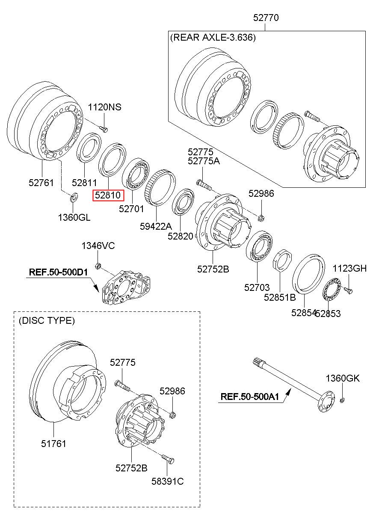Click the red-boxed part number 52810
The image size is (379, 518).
tap(108, 195)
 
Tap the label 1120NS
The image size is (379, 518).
tap(104, 107)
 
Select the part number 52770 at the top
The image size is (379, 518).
tap(266, 18)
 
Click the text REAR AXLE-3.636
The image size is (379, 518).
tap(213, 38)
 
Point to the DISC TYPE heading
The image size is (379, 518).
tap(47, 320)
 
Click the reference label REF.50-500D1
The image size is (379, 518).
tap(58, 272)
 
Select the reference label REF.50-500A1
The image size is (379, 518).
tap(250, 397)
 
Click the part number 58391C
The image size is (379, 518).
tap(167, 482)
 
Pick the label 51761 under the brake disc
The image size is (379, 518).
tap(53, 444)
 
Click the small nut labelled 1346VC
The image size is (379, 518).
tap(98, 266)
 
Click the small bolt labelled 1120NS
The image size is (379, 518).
tap(104, 129)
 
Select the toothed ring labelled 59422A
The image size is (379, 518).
tap(160, 187)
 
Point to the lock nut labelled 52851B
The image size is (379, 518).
tap(282, 260)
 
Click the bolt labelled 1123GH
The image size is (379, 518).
tap(348, 290)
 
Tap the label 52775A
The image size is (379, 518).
tap(204, 161)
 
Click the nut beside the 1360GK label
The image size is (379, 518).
tap(343, 400)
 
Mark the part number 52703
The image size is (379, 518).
tap(257, 287)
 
